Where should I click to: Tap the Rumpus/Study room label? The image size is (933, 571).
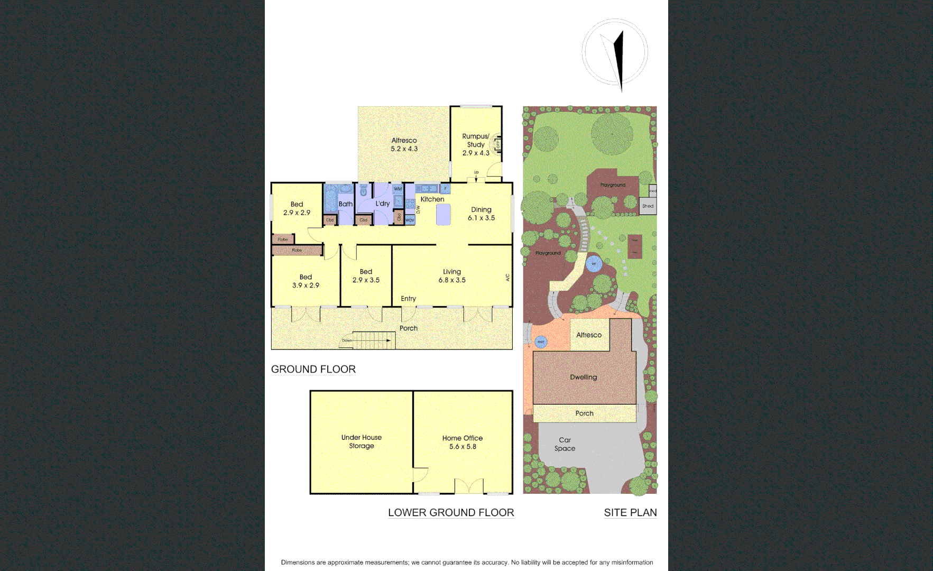(476, 144)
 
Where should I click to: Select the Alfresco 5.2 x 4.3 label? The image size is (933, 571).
(404, 144)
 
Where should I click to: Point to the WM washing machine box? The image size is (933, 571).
(398, 189)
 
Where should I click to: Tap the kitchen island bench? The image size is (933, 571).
(443, 214)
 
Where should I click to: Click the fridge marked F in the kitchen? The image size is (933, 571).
(445, 189)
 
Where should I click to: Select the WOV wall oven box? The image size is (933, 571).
(410, 220)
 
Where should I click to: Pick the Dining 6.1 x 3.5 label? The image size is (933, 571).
(481, 214)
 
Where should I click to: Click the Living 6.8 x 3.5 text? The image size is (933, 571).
(452, 276)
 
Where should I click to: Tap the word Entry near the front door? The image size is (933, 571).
(408, 299)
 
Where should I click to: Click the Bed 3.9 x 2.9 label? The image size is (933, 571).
(306, 281)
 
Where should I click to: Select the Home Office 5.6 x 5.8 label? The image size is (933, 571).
(463, 442)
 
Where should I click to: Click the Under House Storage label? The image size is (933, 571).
(362, 441)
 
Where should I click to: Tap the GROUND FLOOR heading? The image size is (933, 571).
(313, 369)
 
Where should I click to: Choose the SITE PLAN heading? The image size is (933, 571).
(630, 512)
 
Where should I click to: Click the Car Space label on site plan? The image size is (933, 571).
(565, 444)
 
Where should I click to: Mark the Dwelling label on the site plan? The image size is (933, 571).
(584, 377)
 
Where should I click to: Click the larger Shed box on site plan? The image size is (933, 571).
(648, 206)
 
